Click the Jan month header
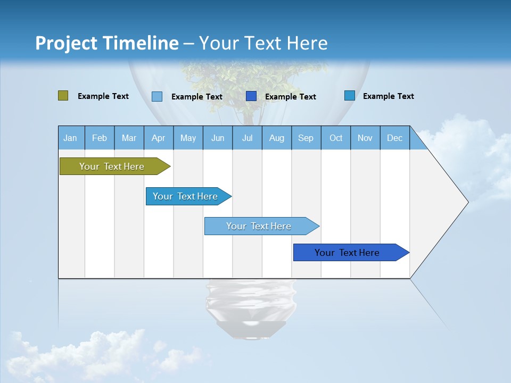pyautogui.click(x=70, y=138)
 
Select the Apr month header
pyautogui.click(x=158, y=138)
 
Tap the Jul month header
pyautogui.click(x=247, y=138)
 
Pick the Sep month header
pyautogui.click(x=306, y=138)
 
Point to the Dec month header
pyautogui.click(x=394, y=138)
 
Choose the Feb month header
pyautogui.click(x=100, y=138)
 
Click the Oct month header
pyautogui.click(x=336, y=138)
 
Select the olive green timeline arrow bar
pyautogui.click(x=112, y=166)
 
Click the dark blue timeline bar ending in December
pyautogui.click(x=347, y=253)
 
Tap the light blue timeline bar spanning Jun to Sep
pyautogui.click(x=259, y=226)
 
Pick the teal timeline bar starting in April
pyautogui.click(x=185, y=196)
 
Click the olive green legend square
pyautogui.click(x=63, y=96)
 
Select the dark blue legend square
pyautogui.click(x=251, y=96)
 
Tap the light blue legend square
pyautogui.click(x=157, y=96)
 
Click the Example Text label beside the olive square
pyautogui.click(x=103, y=96)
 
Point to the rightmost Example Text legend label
pyautogui.click(x=389, y=96)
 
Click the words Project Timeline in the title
pyautogui.click(x=107, y=43)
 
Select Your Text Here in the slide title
pyautogui.click(x=263, y=43)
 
